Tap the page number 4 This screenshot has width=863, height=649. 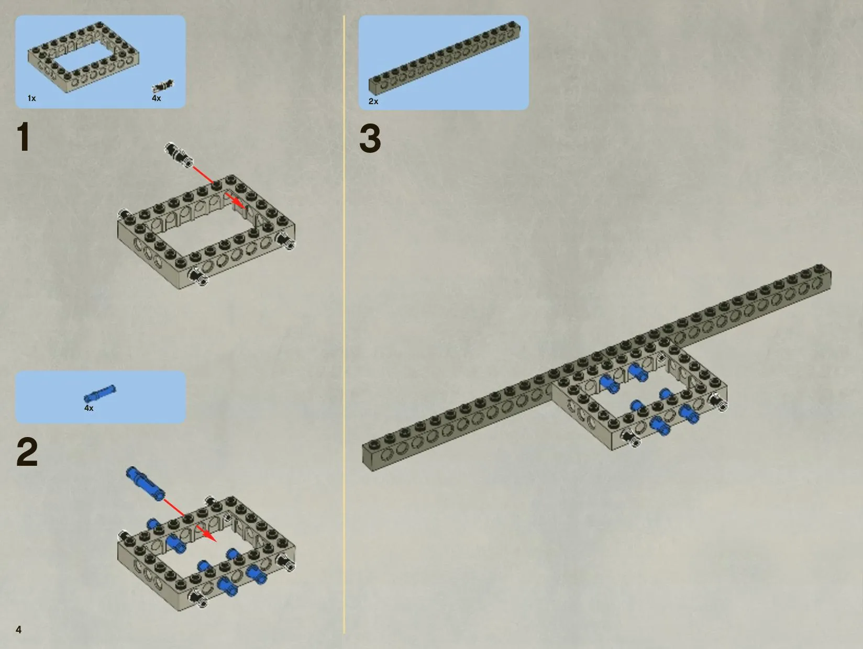(18, 630)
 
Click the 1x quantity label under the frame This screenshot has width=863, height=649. (32, 98)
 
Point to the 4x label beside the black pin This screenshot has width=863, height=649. (157, 98)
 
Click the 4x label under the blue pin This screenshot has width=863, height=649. (89, 408)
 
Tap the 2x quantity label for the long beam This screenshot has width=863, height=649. (373, 102)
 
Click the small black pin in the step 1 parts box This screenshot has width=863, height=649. (163, 86)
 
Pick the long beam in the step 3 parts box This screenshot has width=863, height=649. (444, 58)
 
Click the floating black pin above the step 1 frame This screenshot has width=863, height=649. (179, 155)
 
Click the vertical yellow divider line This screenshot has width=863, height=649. (344, 324)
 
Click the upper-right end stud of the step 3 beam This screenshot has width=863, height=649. (820, 268)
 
